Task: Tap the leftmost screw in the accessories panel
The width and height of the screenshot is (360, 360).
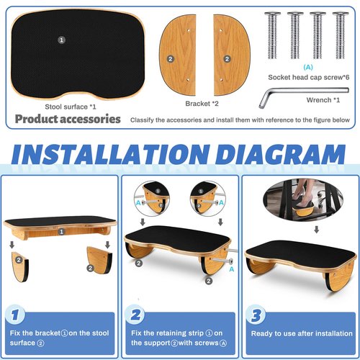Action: click(x=273, y=32)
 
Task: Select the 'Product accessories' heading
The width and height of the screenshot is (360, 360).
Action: click(x=68, y=119)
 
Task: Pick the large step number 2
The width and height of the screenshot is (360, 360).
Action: click(x=136, y=315)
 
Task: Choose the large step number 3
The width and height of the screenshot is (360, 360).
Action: click(x=255, y=315)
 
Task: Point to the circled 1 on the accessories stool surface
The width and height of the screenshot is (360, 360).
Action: click(x=60, y=40)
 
